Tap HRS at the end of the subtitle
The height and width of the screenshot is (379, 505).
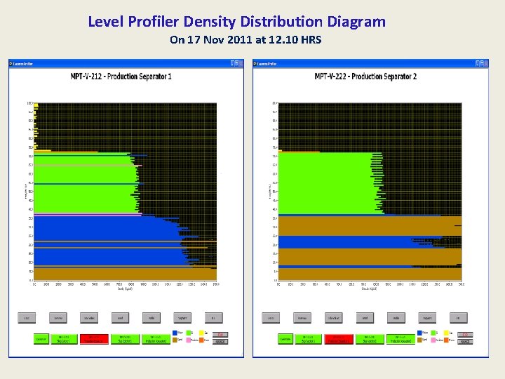pos(310,39)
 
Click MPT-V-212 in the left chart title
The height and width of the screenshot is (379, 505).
pos(86,76)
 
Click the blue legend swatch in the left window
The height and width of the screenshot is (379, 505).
pos(175,333)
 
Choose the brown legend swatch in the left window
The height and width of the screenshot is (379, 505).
pos(175,340)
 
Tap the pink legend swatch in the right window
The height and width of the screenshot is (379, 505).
pos(436,340)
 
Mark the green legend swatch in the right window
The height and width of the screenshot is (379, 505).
pos(436,333)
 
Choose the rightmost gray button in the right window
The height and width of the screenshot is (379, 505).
pos(459,318)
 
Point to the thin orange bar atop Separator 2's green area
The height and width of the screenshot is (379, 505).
pos(299,151)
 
